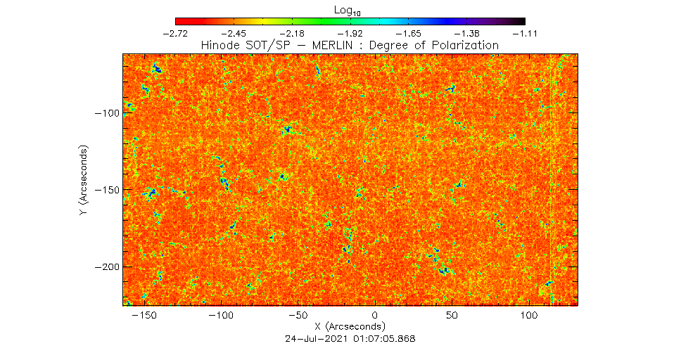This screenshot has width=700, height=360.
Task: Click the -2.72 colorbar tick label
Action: coord(175,33)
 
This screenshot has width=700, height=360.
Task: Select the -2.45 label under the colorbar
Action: coord(234,33)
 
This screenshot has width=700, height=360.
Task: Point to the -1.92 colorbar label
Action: coord(350,33)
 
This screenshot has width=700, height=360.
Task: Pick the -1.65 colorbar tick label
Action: coord(409,33)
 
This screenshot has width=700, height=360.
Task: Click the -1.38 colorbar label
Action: coord(467,33)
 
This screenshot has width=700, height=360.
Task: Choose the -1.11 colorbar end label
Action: coord(525,33)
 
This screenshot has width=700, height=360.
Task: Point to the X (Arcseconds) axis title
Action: coord(350,326)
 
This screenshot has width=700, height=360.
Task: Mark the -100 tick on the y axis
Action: coord(109,113)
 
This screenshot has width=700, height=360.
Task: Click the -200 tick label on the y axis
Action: coord(109,267)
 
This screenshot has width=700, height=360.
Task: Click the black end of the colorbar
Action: coord(519,21)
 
